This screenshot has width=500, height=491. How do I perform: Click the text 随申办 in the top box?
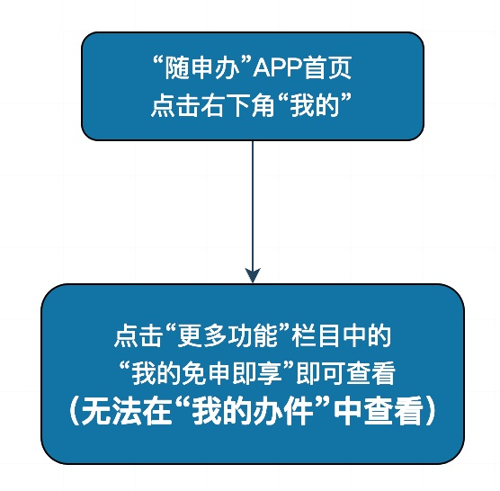[x=202, y=68]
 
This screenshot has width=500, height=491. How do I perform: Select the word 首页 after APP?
[x=327, y=68]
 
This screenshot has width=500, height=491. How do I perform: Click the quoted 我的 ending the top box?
[x=315, y=105]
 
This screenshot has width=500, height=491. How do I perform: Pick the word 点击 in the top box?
[x=175, y=105]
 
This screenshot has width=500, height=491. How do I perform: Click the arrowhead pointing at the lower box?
[x=253, y=275]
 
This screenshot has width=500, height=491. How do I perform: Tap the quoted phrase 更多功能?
[x=228, y=335]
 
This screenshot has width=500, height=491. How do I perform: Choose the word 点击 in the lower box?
[x=138, y=335]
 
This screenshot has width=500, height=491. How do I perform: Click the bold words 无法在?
[x=125, y=411]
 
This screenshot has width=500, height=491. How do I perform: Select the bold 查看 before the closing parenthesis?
[x=394, y=411]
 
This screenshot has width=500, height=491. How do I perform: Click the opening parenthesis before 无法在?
[x=74, y=411]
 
